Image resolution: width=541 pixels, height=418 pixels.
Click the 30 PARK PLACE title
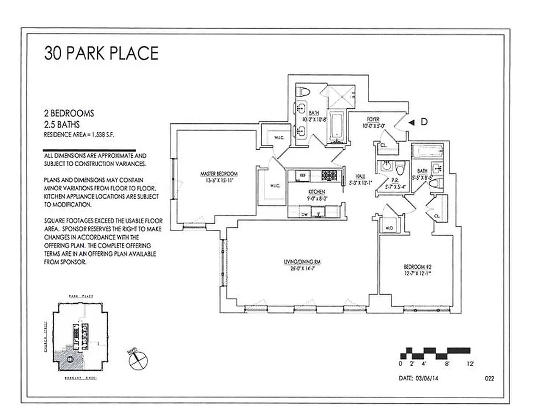(x=101, y=53)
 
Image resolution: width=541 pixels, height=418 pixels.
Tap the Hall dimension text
(x=360, y=183)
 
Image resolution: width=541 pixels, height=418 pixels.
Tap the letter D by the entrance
(x=424, y=122)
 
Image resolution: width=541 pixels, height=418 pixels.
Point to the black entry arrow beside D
(x=412, y=122)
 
